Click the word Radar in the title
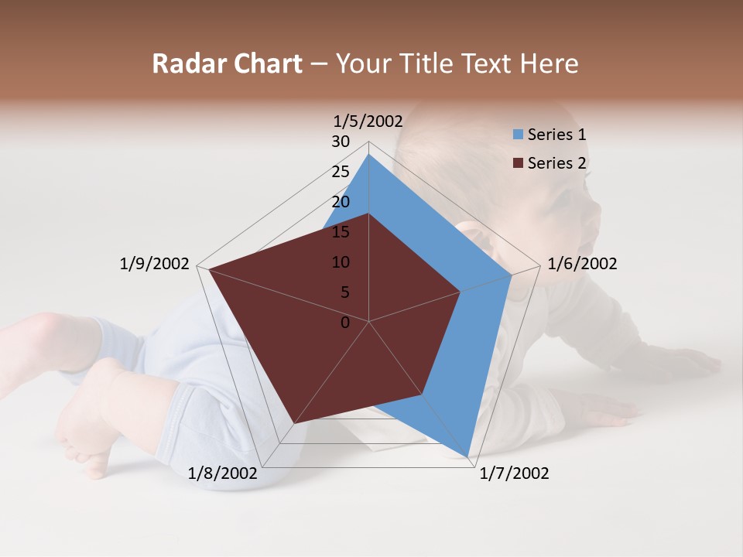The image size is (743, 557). point(184,63)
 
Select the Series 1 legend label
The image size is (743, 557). point(556,135)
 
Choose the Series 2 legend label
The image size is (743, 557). point(556,163)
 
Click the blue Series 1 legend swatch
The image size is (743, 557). point(518,135)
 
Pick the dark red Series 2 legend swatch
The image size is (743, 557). point(518,163)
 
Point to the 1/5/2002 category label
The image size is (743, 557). point(368,121)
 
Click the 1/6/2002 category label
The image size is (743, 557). point(582,264)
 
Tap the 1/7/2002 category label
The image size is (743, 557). point(514,473)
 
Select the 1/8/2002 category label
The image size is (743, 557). point(223,473)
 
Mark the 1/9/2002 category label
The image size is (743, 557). point(155,264)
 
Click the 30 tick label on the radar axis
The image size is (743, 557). point(341,142)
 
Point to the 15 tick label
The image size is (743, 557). point(341,232)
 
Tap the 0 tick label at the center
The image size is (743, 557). point(345,323)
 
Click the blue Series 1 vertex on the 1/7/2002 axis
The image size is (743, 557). point(468,456)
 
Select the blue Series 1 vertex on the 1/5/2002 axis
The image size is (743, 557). point(368,155)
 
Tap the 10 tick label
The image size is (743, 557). point(341,262)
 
